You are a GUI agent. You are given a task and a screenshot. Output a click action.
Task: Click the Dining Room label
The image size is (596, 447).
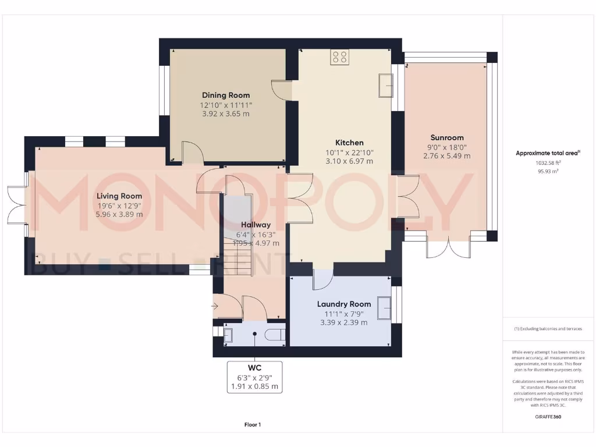pos(226,95)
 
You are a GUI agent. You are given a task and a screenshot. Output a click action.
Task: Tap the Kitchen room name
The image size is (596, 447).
pos(349,143)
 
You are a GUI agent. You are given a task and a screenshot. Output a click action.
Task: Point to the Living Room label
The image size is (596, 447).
pos(119,196)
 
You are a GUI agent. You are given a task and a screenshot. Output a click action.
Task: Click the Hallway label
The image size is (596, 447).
pos(256,225)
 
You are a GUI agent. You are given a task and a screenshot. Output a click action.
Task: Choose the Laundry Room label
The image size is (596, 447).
pos(344,304)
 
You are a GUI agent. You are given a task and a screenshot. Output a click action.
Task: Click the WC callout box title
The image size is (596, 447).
pos(254,368)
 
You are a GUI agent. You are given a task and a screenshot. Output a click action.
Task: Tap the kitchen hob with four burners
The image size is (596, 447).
pos(339,56)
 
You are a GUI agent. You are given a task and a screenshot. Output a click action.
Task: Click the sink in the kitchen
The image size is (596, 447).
pos(385,86)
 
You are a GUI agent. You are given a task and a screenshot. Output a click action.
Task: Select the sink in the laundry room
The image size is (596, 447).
pos(384,308)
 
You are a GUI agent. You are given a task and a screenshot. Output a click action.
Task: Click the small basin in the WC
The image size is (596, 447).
pos(228,334)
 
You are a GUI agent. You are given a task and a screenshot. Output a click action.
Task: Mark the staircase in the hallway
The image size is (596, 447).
pos(237,244)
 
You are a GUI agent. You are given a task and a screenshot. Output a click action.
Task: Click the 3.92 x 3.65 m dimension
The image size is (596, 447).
pos(226,114)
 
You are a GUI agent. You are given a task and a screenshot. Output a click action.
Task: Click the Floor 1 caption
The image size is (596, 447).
pos(253,425)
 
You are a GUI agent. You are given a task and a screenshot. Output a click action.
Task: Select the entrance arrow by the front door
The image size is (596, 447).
pos(216,305)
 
